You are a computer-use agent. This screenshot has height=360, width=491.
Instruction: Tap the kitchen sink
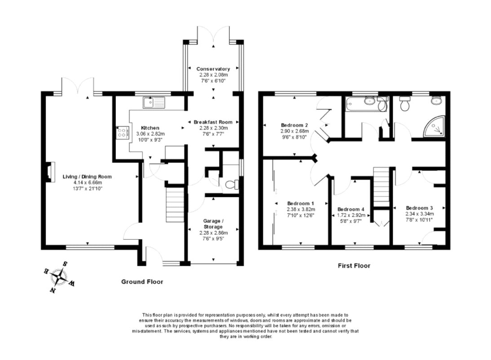pyautogui.click(x=154, y=103)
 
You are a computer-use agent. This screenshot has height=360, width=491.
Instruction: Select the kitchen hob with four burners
pyautogui.click(x=122, y=132)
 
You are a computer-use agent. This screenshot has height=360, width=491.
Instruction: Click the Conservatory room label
pyautogui.click(x=213, y=69)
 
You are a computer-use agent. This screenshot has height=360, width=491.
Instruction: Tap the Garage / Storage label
pyautogui.click(x=213, y=224)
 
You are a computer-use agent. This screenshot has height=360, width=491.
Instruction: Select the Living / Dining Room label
pyautogui.click(x=87, y=177)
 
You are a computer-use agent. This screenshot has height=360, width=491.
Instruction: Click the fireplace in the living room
pyautogui.click(x=48, y=173)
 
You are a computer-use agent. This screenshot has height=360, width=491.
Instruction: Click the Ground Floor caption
pyautogui.click(x=142, y=282)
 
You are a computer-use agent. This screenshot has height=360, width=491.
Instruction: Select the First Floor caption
pyautogui.click(x=354, y=266)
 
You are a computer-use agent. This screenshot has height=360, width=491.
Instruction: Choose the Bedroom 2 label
pyautogui.click(x=294, y=125)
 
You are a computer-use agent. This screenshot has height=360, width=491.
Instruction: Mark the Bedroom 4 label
pyautogui.click(x=351, y=210)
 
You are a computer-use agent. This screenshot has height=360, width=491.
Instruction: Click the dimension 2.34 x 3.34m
pyautogui.click(x=419, y=214)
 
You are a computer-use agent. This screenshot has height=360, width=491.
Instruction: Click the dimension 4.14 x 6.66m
pyautogui.click(x=87, y=183)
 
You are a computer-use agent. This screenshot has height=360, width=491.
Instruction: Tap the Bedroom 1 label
pyautogui.click(x=301, y=203)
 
